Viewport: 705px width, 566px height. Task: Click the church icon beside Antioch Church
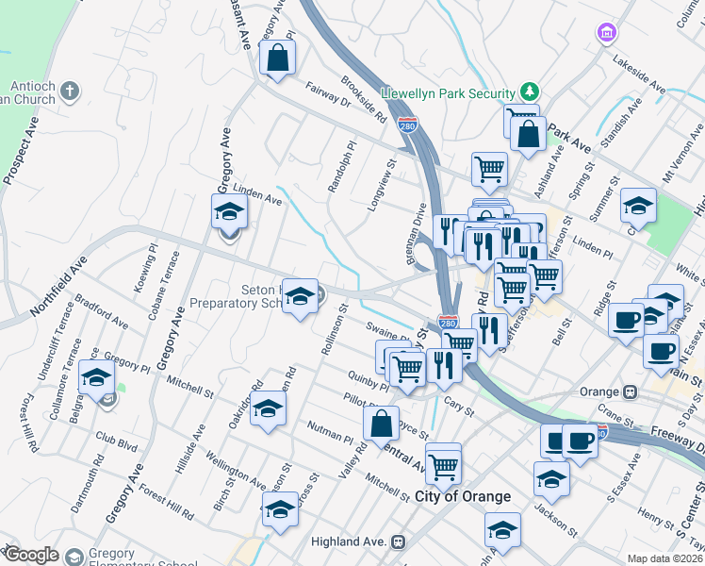click(69, 92)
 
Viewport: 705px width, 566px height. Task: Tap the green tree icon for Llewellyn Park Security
click(530, 92)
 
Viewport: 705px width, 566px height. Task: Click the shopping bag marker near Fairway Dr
click(278, 60)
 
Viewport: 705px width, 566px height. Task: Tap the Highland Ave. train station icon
click(400, 541)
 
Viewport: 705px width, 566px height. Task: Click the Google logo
click(31, 555)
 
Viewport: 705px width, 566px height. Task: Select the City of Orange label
click(463, 496)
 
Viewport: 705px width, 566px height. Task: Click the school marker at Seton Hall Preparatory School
click(301, 296)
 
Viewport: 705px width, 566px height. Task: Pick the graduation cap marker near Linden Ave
click(228, 211)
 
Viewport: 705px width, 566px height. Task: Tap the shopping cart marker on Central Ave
click(443, 463)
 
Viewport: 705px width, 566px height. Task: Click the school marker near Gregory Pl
click(95, 379)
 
